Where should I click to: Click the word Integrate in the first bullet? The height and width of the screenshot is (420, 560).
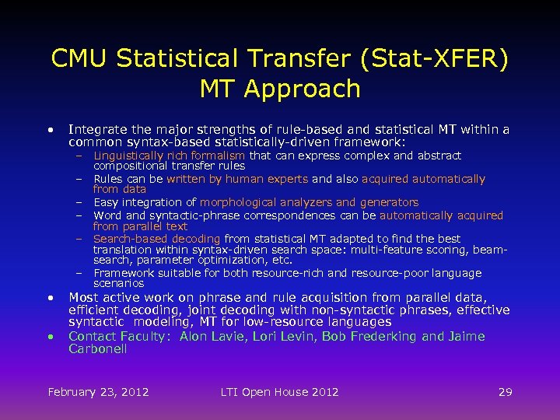pyautogui.click(x=96, y=130)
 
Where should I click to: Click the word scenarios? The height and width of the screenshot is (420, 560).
pyautogui.click(x=119, y=284)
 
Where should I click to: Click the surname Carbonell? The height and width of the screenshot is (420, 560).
pyautogui.click(x=98, y=349)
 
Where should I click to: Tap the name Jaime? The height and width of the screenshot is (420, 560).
pyautogui.click(x=465, y=337)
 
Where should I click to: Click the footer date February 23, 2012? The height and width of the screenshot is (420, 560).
pyautogui.click(x=98, y=392)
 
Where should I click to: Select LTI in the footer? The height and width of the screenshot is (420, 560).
pyautogui.click(x=230, y=392)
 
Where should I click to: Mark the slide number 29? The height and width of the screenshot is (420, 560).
pyautogui.click(x=506, y=392)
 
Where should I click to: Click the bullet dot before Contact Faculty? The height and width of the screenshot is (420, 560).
pyautogui.click(x=49, y=338)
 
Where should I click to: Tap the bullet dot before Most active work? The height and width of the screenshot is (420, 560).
pyautogui.click(x=49, y=298)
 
